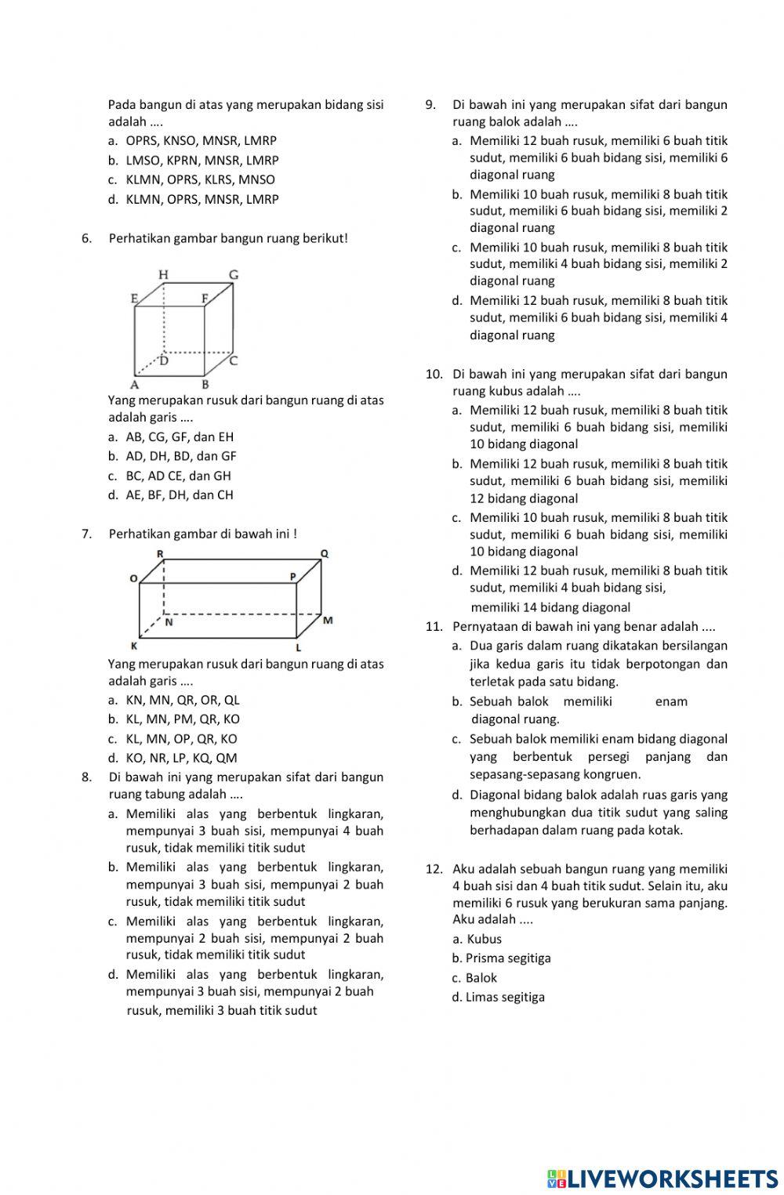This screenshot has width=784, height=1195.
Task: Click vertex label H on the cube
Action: click(164, 274)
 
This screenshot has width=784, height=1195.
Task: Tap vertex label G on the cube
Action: click(233, 275)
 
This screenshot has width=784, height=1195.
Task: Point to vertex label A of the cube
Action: click(135, 384)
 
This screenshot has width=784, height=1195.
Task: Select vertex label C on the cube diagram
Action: click(233, 360)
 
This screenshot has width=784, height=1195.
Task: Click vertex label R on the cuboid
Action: click(160, 554)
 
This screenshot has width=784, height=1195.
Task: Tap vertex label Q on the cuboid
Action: click(324, 554)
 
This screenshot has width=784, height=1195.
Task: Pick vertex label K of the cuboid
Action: click(134, 646)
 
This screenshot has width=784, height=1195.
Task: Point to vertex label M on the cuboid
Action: click(328, 620)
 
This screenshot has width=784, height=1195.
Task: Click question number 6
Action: click(87, 238)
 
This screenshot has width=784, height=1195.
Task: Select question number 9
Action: click(430, 105)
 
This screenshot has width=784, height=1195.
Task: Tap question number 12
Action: click(434, 868)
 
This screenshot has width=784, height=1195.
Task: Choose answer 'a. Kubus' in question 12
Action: click(477, 939)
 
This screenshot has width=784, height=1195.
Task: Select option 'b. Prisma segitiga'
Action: click(501, 958)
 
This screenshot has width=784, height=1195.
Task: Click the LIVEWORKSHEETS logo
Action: click(662, 1178)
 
